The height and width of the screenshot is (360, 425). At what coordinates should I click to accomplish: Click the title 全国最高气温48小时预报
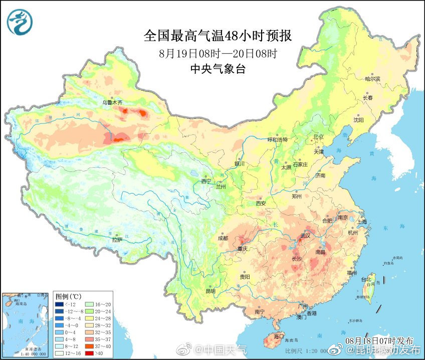218,36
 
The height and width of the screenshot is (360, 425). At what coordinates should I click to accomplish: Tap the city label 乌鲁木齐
112,102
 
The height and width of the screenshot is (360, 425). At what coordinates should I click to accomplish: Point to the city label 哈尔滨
372,79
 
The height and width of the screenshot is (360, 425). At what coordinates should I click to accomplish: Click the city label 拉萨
117,240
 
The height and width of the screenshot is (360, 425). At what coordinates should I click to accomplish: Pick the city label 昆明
210,291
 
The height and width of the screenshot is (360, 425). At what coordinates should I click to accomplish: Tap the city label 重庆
243,249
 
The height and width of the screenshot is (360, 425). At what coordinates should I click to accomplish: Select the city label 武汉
305,235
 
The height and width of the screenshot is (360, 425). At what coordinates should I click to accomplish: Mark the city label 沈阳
358,120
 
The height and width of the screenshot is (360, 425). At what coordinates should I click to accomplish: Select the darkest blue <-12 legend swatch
60,303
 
